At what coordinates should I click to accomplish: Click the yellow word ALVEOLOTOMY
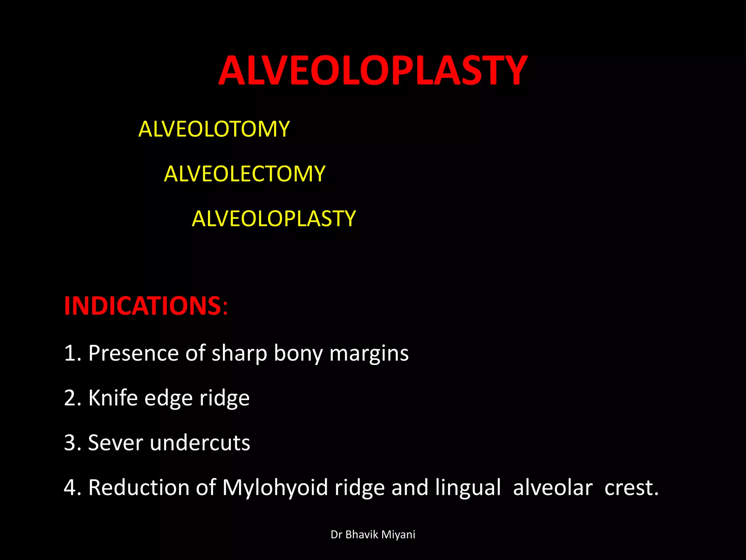[214, 129]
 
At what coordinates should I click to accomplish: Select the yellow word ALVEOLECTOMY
[244, 174]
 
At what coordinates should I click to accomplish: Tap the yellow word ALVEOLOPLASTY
[274, 218]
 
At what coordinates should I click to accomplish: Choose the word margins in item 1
[369, 353]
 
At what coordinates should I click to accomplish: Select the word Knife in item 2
[113, 398]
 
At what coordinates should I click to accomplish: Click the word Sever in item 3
[115, 443]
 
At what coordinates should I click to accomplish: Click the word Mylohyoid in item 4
[275, 488]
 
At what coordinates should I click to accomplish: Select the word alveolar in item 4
[553, 488]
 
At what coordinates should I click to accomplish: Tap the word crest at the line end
[631, 488]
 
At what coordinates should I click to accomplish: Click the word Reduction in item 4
[139, 487]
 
